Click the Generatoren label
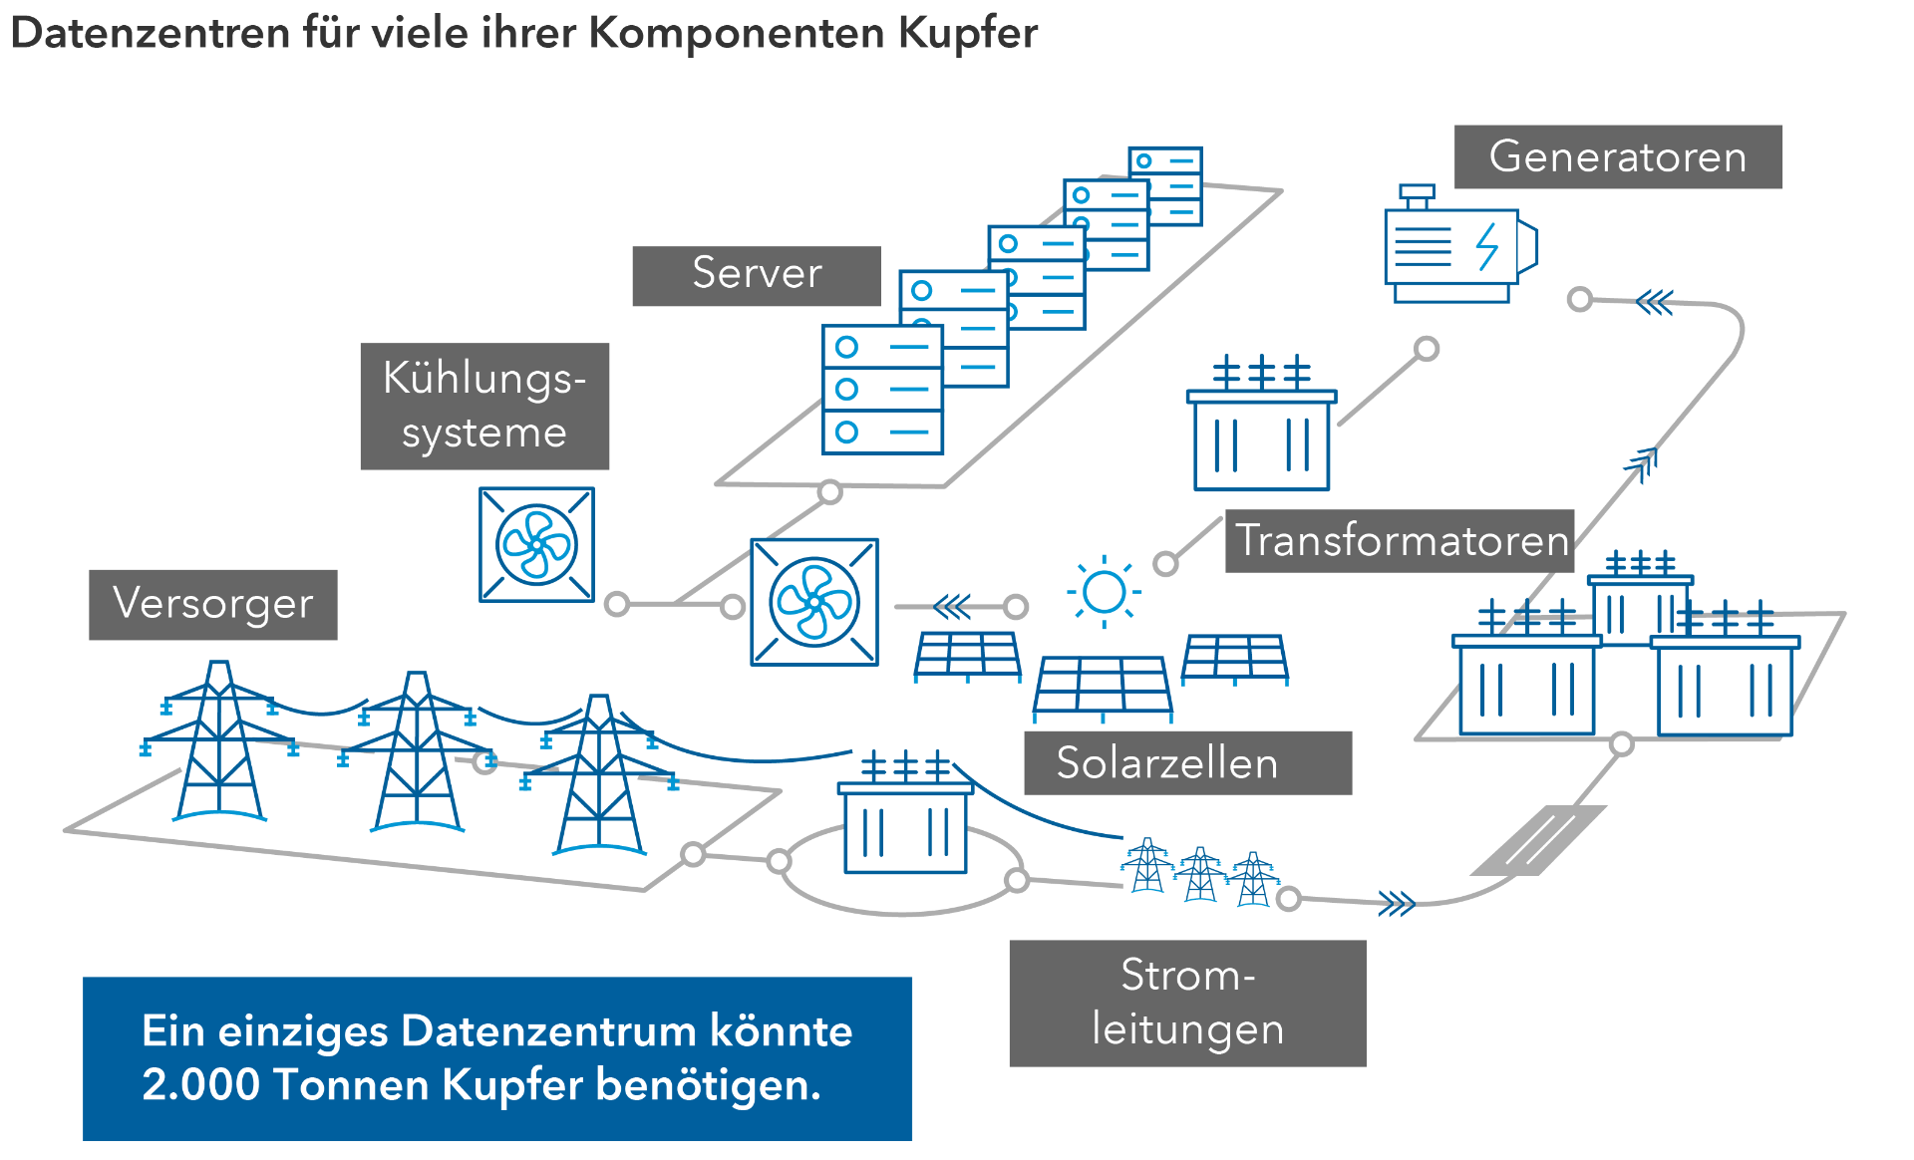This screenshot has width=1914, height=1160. pos(1617,156)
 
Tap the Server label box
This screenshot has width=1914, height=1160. pos(757,275)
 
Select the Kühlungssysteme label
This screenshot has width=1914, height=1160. pos(484,406)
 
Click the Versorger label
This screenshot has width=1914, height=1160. pos(212,604)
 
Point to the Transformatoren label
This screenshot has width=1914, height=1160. pos(1400,541)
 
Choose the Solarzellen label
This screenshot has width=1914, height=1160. pos(1186,763)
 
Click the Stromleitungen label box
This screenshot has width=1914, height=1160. pos(1187,1003)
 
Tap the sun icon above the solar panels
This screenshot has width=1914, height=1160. pos(1104,592)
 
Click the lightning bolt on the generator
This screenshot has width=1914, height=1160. pos(1486,245)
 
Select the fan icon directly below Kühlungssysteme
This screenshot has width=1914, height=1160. pos(536,545)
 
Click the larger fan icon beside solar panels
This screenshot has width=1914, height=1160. pos(814,602)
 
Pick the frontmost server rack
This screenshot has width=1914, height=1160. pos(882,390)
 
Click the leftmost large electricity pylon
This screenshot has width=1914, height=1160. pos(219,742)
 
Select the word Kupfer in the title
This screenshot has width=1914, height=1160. pos(967,33)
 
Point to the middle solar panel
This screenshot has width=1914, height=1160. pos(1103,686)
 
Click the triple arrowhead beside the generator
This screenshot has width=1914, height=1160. pos(1655,302)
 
